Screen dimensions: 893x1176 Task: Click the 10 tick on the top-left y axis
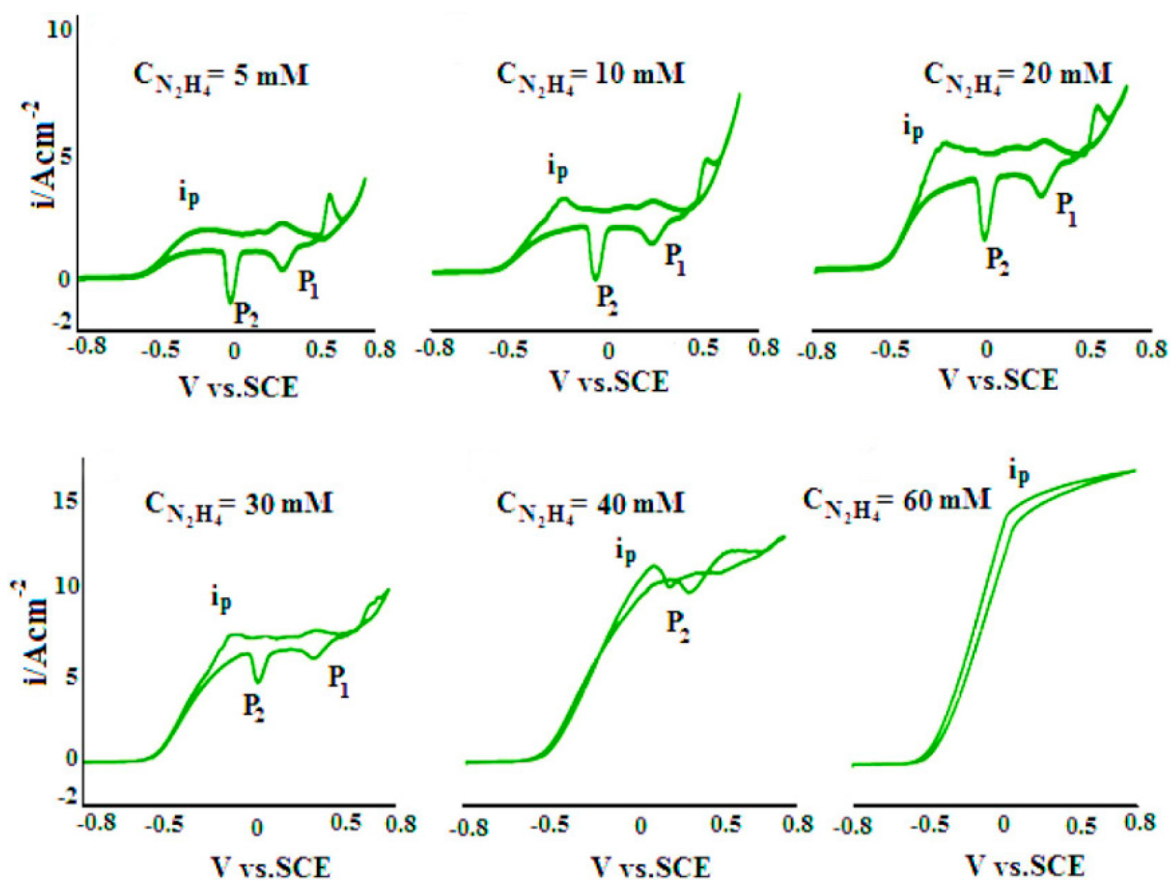pyautogui.click(x=58, y=30)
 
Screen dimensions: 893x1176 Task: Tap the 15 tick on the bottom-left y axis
pyautogui.click(x=66, y=502)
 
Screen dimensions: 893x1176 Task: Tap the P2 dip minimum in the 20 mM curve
pyautogui.click(x=985, y=239)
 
